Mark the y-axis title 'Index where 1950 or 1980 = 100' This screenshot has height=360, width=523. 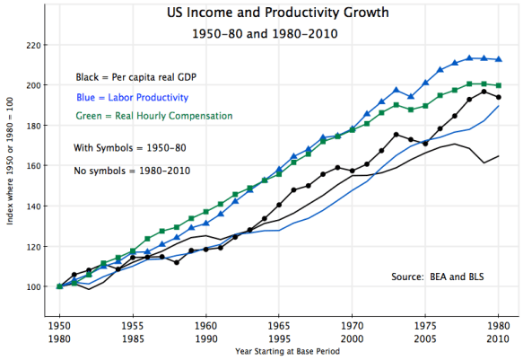click(9, 165)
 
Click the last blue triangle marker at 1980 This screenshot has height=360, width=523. click(499, 59)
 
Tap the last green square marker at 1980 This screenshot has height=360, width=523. click(499, 85)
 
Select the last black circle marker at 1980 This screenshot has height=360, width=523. click(499, 97)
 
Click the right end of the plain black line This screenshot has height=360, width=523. click(499, 156)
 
